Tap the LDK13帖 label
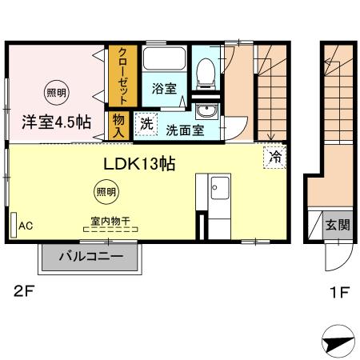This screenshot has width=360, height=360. [138, 162]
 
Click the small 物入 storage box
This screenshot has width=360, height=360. [119, 124]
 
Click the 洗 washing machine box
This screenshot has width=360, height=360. [146, 123]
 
